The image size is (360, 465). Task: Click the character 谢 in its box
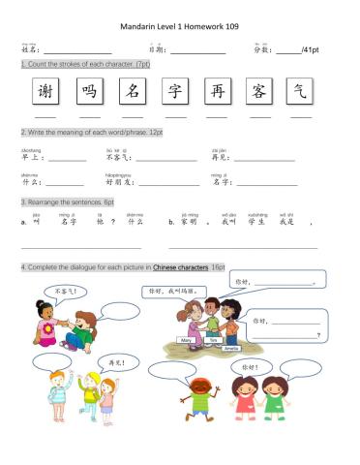[x=45, y=92]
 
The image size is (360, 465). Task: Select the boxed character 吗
[x=89, y=92]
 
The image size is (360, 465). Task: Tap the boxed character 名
[x=133, y=92]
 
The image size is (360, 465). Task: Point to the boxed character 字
[x=175, y=92]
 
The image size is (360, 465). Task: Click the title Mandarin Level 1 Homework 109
[x=180, y=28]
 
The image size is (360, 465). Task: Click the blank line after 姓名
[x=77, y=50]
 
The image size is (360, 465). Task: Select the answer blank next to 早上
[x=68, y=160]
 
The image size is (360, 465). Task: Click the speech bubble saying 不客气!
[x=67, y=291]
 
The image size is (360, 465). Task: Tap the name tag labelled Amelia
[x=232, y=348]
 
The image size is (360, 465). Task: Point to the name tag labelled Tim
[x=213, y=340]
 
